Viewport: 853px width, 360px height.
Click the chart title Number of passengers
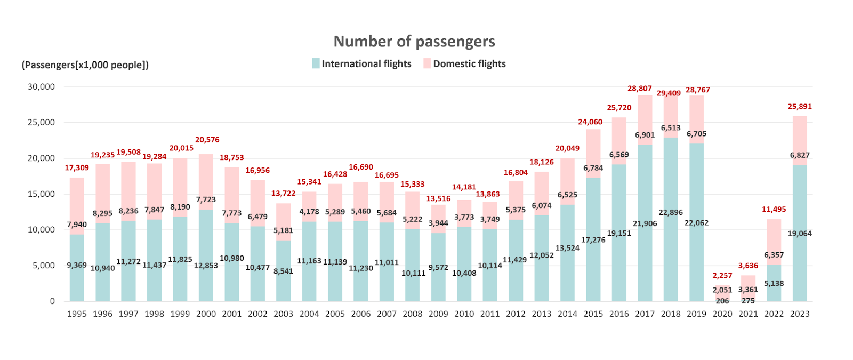click(x=414, y=42)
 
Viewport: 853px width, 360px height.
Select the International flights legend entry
click(x=362, y=64)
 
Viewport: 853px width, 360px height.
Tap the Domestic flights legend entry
click(x=464, y=64)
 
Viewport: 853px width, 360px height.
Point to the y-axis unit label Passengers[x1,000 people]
click(x=85, y=65)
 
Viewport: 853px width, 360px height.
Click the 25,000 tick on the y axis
click(x=41, y=122)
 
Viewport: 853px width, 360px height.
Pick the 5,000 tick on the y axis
click(x=43, y=265)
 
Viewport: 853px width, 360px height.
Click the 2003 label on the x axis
click(x=283, y=314)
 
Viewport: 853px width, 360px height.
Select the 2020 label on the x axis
click(x=722, y=314)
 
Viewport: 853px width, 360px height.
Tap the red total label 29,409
click(x=669, y=93)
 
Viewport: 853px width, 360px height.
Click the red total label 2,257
click(x=722, y=276)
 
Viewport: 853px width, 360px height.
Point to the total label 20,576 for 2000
click(x=207, y=140)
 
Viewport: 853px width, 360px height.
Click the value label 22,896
click(x=670, y=212)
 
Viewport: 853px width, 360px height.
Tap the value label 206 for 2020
click(x=722, y=301)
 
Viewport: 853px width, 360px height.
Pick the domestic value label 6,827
click(x=799, y=155)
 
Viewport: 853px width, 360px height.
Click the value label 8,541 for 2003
click(x=283, y=271)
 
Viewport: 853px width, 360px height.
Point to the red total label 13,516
click(x=438, y=199)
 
